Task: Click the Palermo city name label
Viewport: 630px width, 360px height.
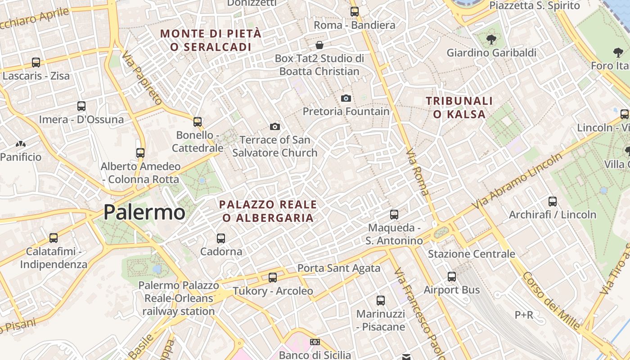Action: point(144,212)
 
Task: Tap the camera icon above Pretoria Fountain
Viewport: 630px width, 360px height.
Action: point(346,98)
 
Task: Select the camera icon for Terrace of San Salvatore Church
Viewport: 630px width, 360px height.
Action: point(274,127)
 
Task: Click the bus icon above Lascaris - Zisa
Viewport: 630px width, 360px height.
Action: point(36,63)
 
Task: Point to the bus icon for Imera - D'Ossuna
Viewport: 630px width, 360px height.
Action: point(81,106)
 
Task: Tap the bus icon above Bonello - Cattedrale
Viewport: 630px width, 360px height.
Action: point(197,121)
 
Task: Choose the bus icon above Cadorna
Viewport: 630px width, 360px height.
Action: point(220,238)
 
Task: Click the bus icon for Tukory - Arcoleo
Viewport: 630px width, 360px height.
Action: point(272,278)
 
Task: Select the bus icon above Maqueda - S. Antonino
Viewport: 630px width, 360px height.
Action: point(394,215)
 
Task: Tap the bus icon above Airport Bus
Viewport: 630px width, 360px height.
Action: point(451,277)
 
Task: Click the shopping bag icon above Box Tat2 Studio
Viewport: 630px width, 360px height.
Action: point(319,45)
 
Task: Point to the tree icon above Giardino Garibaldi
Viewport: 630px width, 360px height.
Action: point(491,40)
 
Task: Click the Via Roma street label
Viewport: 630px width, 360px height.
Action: point(418,173)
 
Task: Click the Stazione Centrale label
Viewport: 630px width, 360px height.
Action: point(471,254)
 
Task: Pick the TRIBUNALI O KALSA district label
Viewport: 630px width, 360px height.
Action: point(459,108)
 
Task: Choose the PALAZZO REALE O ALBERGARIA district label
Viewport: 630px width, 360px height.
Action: point(268,211)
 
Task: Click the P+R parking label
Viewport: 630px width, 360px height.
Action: point(524,315)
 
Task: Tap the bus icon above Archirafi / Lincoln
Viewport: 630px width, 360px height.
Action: point(552,202)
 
